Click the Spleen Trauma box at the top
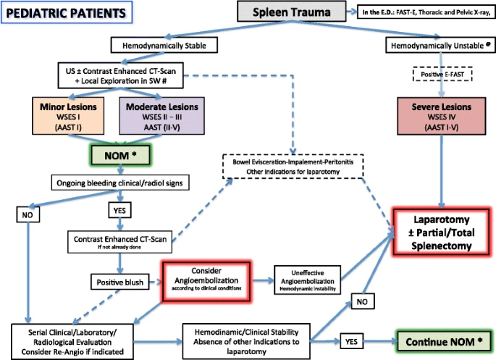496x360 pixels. point(291,12)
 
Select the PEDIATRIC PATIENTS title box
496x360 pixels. point(67,12)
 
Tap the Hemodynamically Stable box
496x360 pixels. point(164,45)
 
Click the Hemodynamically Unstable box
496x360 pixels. point(440,45)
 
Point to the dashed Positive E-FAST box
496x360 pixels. point(442,74)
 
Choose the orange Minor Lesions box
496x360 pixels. point(68,116)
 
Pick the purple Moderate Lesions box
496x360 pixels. point(161,116)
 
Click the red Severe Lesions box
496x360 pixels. point(441,116)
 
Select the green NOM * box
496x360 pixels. point(120,155)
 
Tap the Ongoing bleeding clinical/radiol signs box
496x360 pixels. point(120,183)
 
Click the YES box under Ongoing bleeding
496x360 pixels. point(119,210)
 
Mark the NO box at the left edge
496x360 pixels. point(28,215)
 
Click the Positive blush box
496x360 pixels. point(120,282)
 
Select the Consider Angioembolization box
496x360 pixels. point(206,280)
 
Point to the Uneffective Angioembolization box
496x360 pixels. point(308,280)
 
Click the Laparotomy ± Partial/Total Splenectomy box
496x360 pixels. point(441,233)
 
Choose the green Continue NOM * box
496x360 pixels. point(444,342)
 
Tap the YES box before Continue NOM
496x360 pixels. point(351,341)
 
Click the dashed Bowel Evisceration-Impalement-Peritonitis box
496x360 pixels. point(293,167)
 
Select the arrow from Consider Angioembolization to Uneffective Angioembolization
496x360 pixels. point(263,280)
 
